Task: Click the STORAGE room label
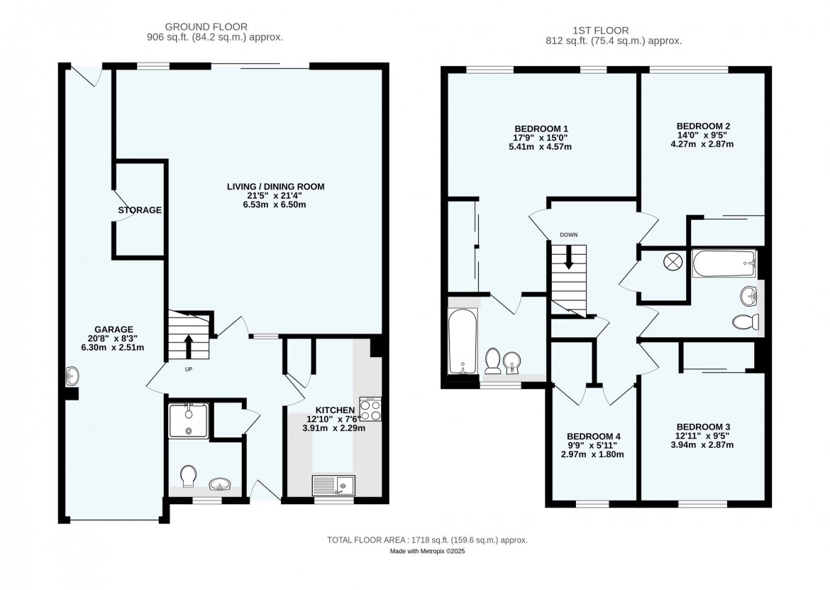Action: (140, 210)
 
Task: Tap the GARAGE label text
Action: (114, 329)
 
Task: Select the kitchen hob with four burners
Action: (370, 409)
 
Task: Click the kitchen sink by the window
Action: (333, 485)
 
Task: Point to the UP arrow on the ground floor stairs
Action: (189, 346)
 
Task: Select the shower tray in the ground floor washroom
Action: (189, 420)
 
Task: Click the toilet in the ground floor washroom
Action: (189, 476)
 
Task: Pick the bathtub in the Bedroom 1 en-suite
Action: (463, 341)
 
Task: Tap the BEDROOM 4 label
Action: (592, 437)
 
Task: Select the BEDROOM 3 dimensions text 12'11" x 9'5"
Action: (702, 436)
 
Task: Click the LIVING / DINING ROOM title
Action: (276, 187)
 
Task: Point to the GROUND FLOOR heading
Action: (206, 26)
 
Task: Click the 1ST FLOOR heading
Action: (601, 31)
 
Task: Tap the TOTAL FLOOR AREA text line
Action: (427, 540)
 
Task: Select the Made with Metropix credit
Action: (427, 552)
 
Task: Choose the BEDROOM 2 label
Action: (704, 126)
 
